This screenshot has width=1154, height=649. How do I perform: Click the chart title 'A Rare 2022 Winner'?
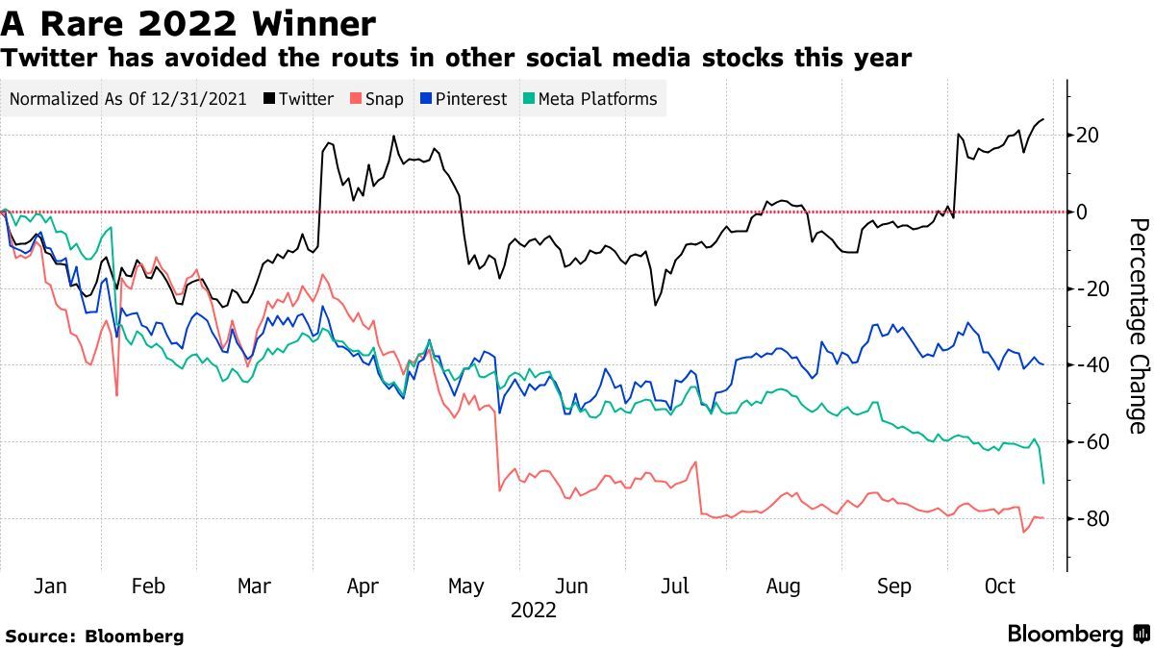coord(188,21)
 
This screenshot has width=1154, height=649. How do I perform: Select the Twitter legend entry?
coord(300,98)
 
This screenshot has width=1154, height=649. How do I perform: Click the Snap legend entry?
coord(377,98)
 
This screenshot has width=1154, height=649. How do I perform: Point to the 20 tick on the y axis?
coord(1087,135)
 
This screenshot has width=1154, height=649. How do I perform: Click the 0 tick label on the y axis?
coord(1081,212)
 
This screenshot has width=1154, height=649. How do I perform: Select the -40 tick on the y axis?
coord(1091,365)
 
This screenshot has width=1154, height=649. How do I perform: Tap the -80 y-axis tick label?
coord(1091,519)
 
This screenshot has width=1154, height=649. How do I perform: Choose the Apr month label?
coord(362,586)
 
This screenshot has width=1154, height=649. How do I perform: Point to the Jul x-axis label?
coord(677,586)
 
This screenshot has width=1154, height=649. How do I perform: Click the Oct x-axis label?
coord(1000,586)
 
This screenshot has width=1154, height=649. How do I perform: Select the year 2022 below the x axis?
coord(533,610)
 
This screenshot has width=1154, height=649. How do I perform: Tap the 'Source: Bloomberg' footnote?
coord(94,636)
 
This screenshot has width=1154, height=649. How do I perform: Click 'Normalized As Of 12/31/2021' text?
coord(127,98)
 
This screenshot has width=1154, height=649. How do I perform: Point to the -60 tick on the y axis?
coord(1091,442)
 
